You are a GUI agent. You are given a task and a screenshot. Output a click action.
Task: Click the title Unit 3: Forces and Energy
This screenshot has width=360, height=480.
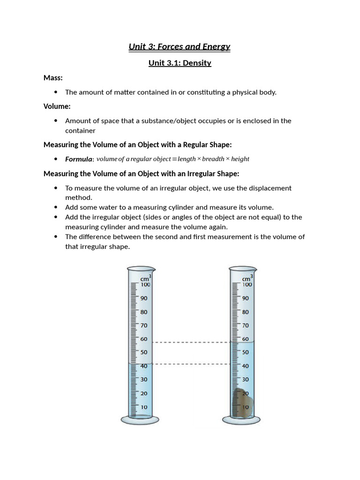click(x=180, y=46)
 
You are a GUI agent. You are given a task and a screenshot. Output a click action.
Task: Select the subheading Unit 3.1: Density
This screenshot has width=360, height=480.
click(x=180, y=63)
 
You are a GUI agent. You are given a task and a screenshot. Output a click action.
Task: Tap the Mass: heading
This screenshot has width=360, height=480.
click(x=53, y=77)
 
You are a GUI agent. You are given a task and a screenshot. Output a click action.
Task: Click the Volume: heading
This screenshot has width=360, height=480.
click(x=57, y=106)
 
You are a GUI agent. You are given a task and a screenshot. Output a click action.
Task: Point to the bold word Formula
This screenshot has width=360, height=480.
click(x=78, y=159)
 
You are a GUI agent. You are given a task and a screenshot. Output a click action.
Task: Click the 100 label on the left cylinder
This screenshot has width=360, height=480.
click(x=145, y=285)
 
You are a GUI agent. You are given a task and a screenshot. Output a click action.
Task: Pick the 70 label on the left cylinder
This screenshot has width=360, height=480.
click(x=144, y=325)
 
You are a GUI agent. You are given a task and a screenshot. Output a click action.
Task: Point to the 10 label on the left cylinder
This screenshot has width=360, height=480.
click(x=144, y=407)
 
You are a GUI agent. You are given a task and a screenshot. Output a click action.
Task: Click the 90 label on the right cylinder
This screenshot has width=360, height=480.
click(x=246, y=298)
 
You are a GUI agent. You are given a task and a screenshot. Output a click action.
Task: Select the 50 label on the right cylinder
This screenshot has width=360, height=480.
click(x=246, y=352)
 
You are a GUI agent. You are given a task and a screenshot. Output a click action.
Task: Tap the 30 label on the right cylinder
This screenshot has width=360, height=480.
click(x=246, y=380)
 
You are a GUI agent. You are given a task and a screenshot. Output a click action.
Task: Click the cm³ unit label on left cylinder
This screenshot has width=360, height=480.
click(x=145, y=278)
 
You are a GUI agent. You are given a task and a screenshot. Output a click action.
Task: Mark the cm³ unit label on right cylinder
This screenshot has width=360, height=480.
click(x=247, y=278)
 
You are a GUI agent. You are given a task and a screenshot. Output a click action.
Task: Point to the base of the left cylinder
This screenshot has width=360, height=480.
click(x=140, y=419)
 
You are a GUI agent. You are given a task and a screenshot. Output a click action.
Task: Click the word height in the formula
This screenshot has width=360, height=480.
click(x=240, y=159)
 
